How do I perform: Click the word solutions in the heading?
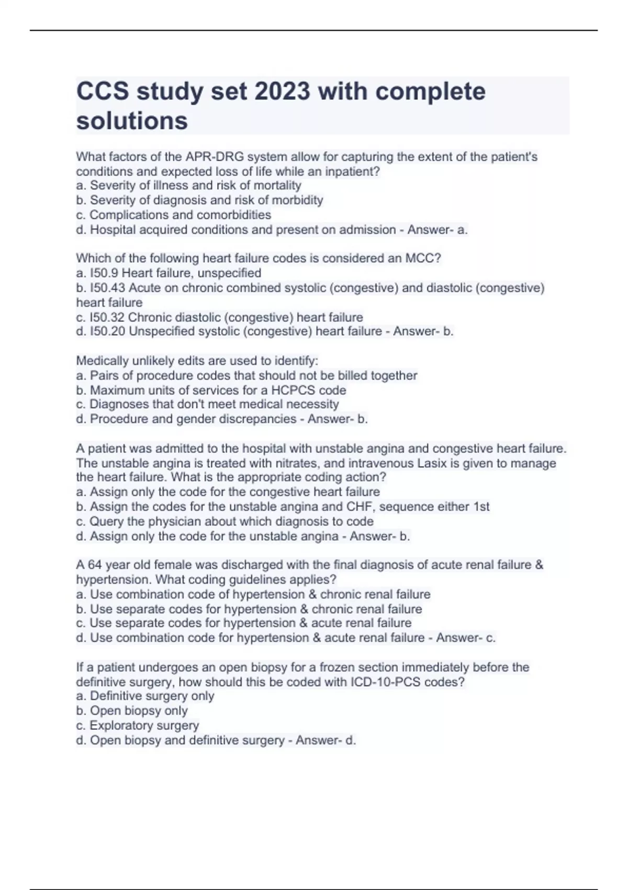[132, 121]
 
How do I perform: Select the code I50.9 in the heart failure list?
[104, 273]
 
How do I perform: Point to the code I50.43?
[107, 288]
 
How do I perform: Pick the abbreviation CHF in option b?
[360, 506]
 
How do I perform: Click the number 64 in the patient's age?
[95, 565]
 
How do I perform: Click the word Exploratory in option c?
[121, 726]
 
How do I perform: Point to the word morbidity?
[297, 200]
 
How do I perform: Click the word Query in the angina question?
[106, 521]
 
